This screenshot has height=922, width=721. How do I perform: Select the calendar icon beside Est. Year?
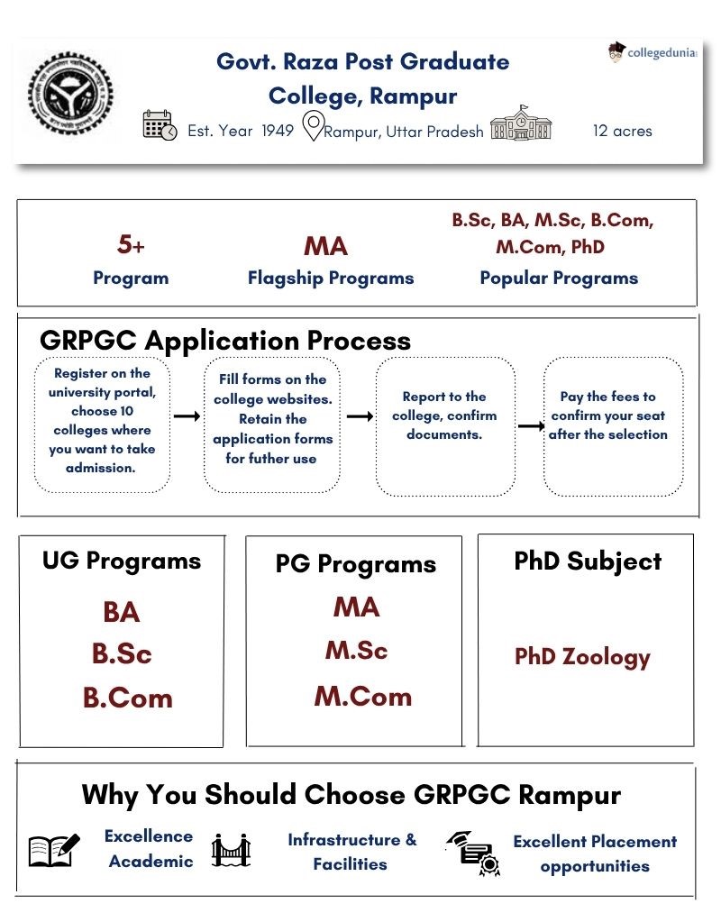(x=160, y=126)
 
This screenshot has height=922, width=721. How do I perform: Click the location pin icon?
(x=312, y=127)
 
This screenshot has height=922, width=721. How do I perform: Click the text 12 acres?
(x=622, y=131)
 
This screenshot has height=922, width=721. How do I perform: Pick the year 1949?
(x=278, y=131)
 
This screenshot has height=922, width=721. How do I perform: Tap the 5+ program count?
(x=131, y=244)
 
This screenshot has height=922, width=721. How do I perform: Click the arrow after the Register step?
(x=186, y=416)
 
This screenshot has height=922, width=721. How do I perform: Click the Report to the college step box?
(x=444, y=425)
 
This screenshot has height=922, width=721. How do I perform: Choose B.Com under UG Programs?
(x=127, y=698)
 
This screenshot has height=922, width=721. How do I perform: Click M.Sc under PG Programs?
(x=356, y=651)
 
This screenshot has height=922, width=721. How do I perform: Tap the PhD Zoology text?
(x=581, y=657)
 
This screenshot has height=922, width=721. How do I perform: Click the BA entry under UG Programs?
(x=121, y=613)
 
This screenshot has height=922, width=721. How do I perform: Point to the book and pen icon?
(x=54, y=849)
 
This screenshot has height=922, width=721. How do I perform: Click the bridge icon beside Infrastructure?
(x=231, y=850)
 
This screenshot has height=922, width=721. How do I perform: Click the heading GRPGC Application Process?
(x=225, y=341)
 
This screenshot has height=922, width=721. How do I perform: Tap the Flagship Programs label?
(x=331, y=278)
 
